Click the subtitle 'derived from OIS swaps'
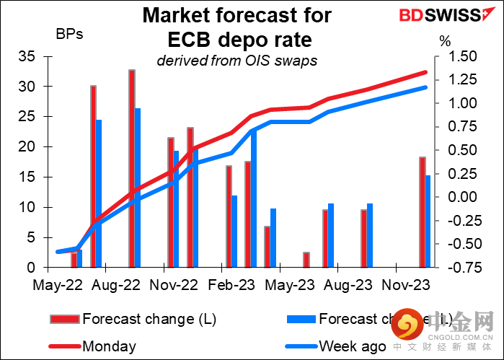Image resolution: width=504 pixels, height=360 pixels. point(237,61)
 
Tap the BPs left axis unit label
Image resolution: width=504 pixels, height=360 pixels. point(70,34)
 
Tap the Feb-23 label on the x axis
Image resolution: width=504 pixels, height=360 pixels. point(228,285)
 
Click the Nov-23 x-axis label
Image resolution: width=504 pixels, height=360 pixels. point(404,285)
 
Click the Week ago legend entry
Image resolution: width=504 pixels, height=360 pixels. point(352,346)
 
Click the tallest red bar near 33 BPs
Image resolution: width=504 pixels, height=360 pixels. point(132,168)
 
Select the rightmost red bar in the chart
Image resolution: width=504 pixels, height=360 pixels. point(423,212)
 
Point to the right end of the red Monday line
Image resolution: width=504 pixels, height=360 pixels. point(425,72)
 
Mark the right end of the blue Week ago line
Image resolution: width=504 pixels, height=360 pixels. point(425,87)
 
